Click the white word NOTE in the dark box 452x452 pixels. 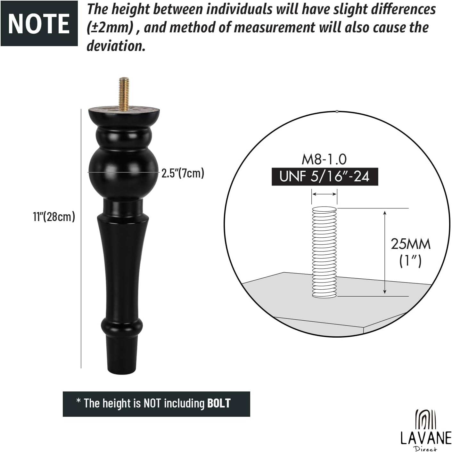click(39, 24)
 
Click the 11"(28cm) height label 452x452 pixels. click(54, 216)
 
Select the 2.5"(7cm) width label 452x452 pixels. click(183, 173)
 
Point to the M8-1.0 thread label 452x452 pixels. click(324, 159)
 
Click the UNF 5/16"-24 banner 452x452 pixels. click(325, 177)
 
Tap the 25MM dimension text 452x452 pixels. click(410, 244)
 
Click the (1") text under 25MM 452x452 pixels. click(410, 261)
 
